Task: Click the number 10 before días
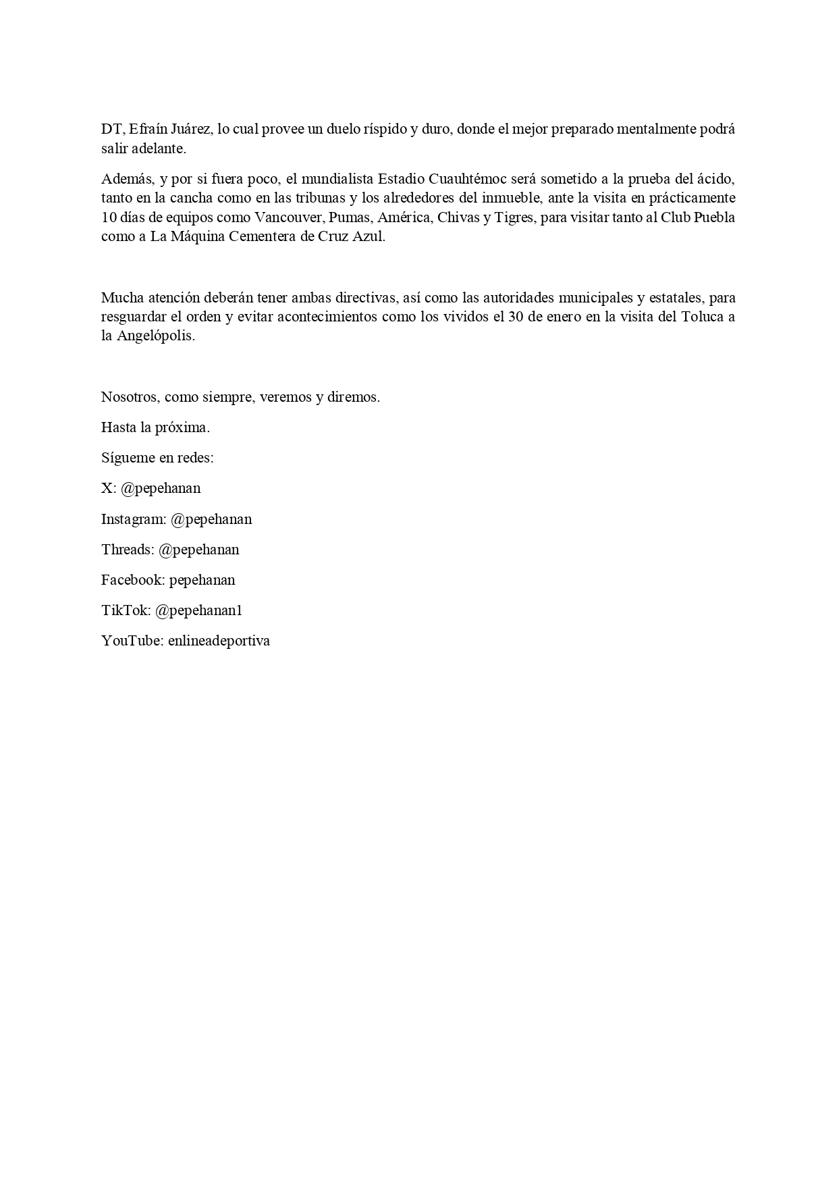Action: click(109, 218)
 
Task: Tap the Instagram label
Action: click(134, 519)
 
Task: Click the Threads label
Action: click(128, 550)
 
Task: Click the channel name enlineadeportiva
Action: click(219, 641)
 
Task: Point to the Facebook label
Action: click(133, 580)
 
